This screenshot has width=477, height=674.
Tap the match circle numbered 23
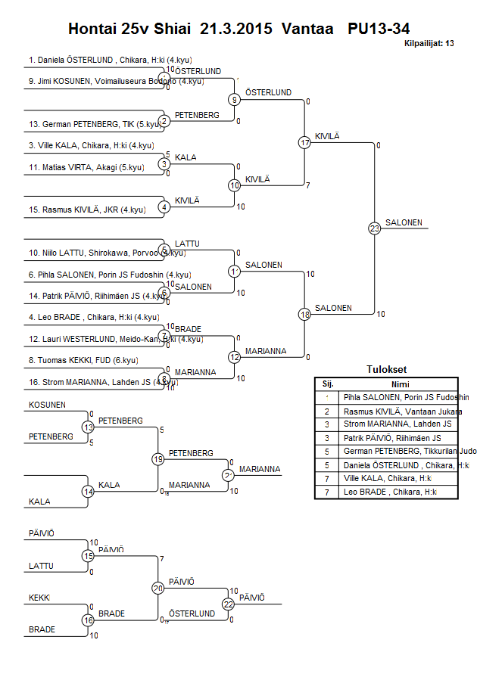coord(374,228)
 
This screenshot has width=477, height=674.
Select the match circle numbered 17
coord(304,142)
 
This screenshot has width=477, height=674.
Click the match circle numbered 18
coord(304,314)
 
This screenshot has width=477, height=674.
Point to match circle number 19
coord(158,459)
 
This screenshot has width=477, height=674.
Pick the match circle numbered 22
coord(229,604)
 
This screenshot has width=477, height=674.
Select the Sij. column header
coord(328,384)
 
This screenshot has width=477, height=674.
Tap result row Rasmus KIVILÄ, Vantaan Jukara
coord(402,411)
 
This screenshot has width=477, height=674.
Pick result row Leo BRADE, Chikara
coord(390,492)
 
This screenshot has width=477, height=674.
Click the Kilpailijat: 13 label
coord(429,44)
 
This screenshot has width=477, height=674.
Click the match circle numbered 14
coord(88,491)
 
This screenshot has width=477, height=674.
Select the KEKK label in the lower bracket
coord(39,598)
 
